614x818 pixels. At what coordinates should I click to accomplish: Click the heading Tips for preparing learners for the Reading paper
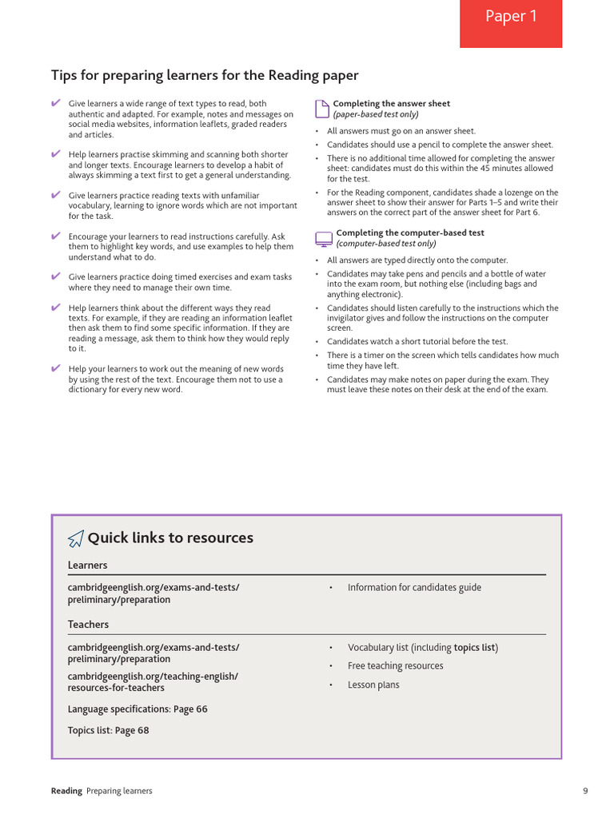[x=205, y=75]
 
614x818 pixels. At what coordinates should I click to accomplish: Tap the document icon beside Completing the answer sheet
[x=321, y=108]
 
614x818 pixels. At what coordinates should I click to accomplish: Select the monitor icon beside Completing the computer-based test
[x=323, y=238]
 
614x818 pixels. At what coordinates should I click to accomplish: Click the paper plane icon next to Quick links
[x=75, y=539]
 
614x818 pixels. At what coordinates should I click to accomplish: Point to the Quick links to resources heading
[x=169, y=538]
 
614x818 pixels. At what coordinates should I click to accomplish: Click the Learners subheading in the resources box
[x=87, y=565]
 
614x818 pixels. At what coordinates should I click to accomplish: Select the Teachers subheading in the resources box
[x=88, y=624]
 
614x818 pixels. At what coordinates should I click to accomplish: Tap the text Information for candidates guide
[x=414, y=587]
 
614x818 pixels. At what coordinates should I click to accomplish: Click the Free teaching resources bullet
[x=395, y=665]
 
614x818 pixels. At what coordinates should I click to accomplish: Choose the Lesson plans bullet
[x=373, y=685]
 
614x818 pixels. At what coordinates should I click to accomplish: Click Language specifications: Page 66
[x=138, y=709]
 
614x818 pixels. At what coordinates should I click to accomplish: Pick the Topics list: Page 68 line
[x=108, y=730]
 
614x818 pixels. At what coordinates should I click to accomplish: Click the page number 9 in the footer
[x=585, y=791]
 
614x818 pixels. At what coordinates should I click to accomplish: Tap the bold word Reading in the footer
[x=66, y=791]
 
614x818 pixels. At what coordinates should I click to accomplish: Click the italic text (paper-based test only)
[x=375, y=114]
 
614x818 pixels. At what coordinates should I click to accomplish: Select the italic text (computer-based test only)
[x=386, y=244]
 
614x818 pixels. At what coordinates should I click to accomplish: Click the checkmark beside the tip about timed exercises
[x=55, y=276]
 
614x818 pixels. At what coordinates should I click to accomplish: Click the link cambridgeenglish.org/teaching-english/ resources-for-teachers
[x=153, y=681]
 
